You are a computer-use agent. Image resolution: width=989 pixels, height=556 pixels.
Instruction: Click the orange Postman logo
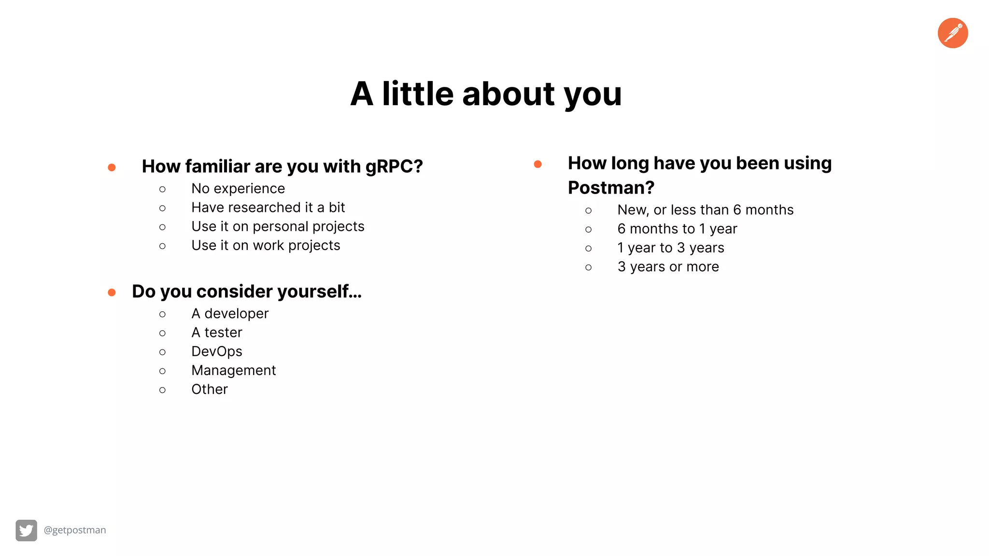[952, 33]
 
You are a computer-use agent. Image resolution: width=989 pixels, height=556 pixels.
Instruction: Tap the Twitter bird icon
[26, 530]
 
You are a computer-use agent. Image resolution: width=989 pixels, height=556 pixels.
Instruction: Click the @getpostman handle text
[75, 530]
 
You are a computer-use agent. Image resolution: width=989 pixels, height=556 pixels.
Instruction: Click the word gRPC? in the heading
[394, 167]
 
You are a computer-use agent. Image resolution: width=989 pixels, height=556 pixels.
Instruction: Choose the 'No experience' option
[238, 189]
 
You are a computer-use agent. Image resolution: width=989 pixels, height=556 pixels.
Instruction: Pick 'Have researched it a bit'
[268, 208]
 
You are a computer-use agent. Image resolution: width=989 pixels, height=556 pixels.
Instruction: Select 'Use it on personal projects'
[278, 226]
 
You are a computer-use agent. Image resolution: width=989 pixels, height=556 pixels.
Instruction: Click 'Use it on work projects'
[266, 246]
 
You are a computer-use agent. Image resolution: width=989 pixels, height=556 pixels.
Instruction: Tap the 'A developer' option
[230, 314]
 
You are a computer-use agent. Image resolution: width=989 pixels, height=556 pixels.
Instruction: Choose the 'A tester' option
[217, 333]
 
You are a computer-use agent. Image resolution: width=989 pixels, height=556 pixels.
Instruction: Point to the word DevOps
[217, 351]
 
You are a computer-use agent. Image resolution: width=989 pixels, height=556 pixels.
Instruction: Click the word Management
[234, 371]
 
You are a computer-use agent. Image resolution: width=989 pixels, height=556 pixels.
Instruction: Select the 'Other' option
[210, 389]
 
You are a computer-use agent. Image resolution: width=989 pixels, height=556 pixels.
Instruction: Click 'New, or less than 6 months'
[705, 210]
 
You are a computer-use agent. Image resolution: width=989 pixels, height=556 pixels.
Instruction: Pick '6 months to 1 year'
[677, 229]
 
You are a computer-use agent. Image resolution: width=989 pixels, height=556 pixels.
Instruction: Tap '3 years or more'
[668, 267]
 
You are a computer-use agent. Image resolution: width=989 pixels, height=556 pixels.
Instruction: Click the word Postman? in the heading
[611, 188]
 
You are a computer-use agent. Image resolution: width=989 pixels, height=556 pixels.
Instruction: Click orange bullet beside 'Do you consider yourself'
[112, 292]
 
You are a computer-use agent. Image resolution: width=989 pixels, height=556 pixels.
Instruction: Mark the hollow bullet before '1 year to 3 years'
[588, 249]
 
